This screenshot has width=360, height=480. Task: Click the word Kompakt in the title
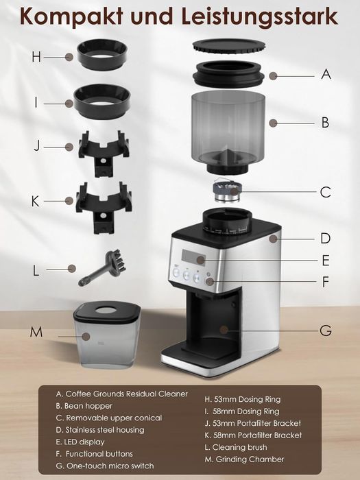pyautogui.click(x=72, y=17)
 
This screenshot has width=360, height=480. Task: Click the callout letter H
pyautogui.click(x=36, y=57)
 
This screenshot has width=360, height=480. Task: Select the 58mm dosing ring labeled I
pyautogui.click(x=102, y=101)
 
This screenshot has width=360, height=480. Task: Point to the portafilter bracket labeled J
pyautogui.click(x=104, y=153)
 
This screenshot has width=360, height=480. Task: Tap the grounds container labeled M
pyautogui.click(x=106, y=335)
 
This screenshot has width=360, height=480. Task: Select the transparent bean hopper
pyautogui.click(x=228, y=132)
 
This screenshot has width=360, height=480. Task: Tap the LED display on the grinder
pyautogui.click(x=193, y=256)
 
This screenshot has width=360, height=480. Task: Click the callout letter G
pyautogui.click(x=326, y=331)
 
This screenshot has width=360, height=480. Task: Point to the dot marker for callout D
pyautogui.click(x=274, y=239)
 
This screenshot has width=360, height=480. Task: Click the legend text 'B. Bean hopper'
pyautogui.click(x=84, y=406)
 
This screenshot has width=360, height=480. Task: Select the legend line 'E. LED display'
pyautogui.click(x=80, y=442)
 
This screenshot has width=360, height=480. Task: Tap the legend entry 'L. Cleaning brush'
pyautogui.click(x=236, y=447)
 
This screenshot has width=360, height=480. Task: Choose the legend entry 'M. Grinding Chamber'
pyautogui.click(x=244, y=459)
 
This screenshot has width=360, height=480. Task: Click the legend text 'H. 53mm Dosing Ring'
pyautogui.click(x=243, y=399)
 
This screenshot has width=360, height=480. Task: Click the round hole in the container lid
pyautogui.click(x=106, y=311)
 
